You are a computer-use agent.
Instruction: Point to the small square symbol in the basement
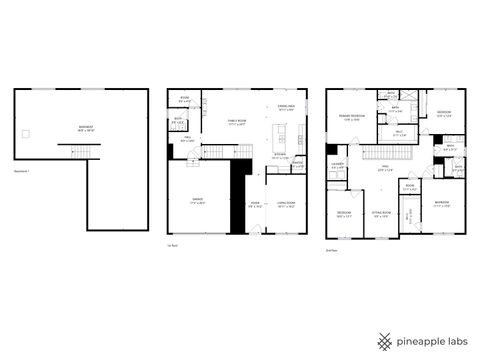(32, 133)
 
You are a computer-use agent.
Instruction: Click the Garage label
(198, 200)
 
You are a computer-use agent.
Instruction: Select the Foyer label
(255, 203)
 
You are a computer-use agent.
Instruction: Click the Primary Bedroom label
(350, 117)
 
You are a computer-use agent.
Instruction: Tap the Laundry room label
(338, 166)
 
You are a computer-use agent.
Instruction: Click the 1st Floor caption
(172, 245)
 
